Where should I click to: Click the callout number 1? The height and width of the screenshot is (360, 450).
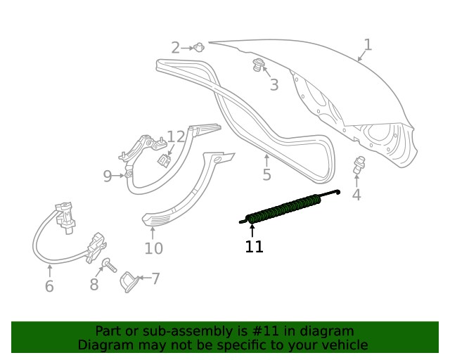tap(367, 45)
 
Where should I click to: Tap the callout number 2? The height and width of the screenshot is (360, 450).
tap(175, 48)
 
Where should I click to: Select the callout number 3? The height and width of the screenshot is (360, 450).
tap(274, 85)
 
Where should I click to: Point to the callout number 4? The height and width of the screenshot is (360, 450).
tap(356, 195)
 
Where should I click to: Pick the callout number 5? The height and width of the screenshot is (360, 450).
tap(266, 175)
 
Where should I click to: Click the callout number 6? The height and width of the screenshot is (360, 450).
tap(49, 286)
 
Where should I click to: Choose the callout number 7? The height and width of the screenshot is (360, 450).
tap(155, 279)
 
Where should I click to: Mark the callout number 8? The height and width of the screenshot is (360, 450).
tap(94, 284)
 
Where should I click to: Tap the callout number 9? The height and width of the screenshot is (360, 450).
tap(107, 176)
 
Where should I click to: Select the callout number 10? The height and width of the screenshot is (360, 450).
tap(153, 248)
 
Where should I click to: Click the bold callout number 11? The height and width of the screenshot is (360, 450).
tap(254, 247)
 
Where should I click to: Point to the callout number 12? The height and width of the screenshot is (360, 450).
tap(175, 136)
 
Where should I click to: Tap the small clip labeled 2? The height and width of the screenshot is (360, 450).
tap(200, 48)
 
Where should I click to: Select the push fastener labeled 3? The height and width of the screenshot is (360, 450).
tap(259, 66)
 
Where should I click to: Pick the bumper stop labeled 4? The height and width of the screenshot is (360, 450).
tap(359, 165)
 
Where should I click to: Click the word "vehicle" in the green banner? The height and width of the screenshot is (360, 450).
tap(342, 345)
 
